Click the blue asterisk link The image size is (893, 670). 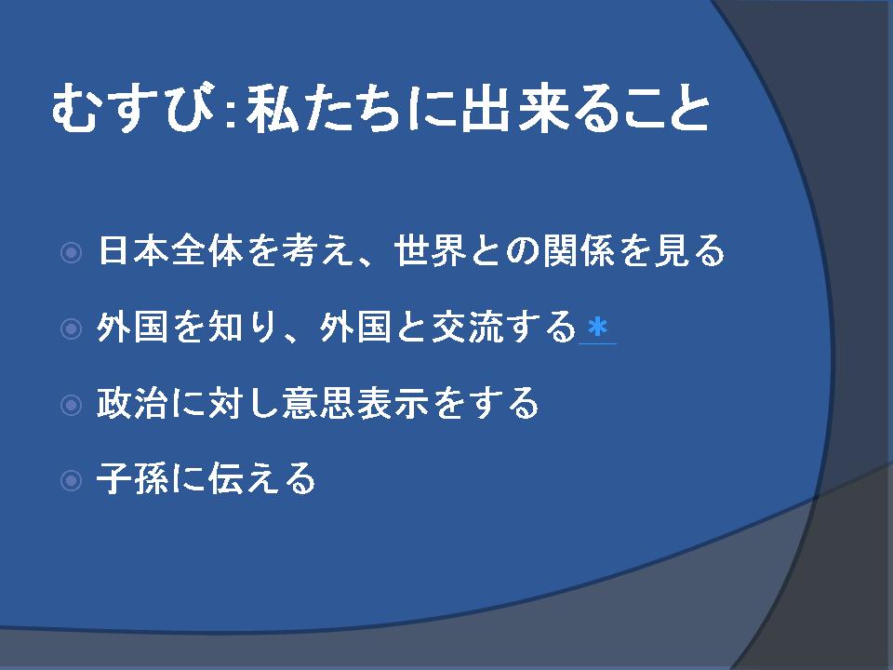[597, 328]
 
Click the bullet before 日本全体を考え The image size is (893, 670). [72, 252]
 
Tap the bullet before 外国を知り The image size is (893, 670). [72, 328]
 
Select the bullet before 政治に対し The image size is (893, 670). [72, 405]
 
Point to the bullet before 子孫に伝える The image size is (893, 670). [72, 480]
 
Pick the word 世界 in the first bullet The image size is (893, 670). [431, 250]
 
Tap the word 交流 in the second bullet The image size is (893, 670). [468, 327]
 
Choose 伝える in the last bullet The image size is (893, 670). [262, 478]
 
